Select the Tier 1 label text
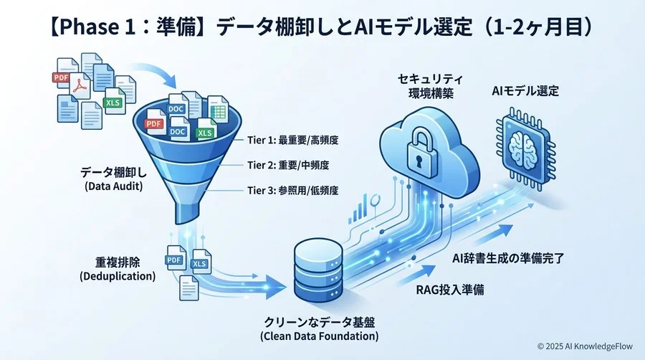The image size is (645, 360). [x=292, y=141]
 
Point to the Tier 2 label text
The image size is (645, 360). [x=288, y=166]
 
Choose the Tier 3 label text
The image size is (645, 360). [x=292, y=191]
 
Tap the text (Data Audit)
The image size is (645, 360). [x=113, y=186]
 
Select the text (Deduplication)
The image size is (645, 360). [x=118, y=276]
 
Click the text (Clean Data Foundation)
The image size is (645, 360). [x=319, y=336]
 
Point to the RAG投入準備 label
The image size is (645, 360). [x=450, y=290]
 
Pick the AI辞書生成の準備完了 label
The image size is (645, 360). [x=508, y=258]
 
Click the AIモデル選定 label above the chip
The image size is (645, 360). [x=525, y=90]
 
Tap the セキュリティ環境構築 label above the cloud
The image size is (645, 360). [x=431, y=86]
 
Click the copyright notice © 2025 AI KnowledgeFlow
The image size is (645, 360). [x=585, y=346]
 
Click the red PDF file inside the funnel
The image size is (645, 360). [x=155, y=123]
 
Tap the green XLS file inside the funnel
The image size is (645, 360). [x=206, y=130]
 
